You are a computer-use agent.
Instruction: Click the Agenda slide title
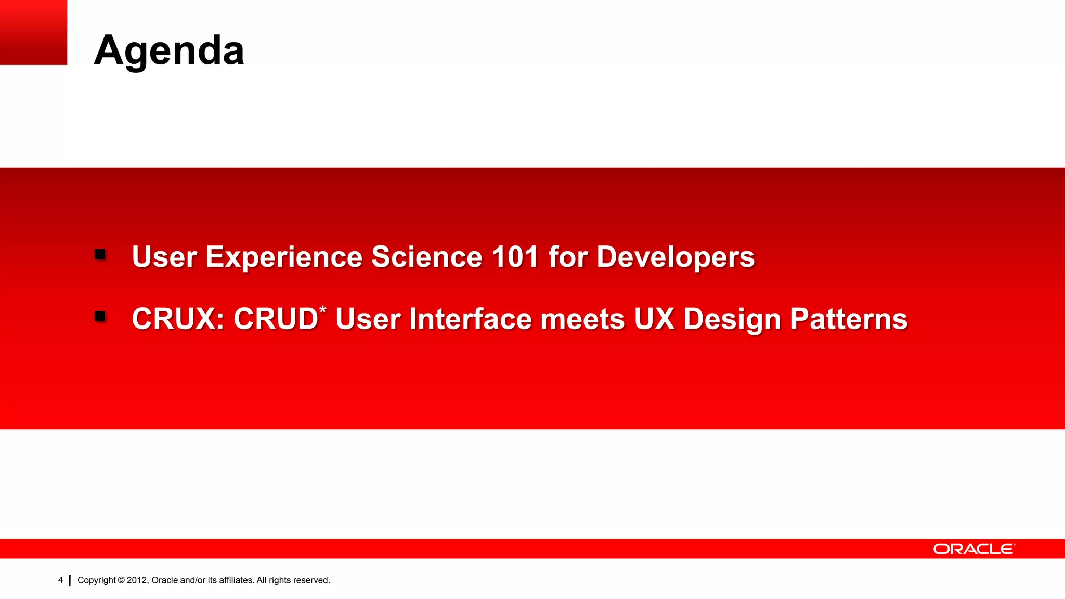tap(169, 50)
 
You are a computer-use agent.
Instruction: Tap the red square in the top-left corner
tap(33, 32)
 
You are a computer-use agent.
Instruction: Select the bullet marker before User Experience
tap(100, 254)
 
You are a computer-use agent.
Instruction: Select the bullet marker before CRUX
tap(100, 316)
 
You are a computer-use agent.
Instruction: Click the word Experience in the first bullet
tap(284, 257)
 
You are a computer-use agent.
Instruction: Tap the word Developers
tap(675, 257)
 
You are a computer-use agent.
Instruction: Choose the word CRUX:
tap(178, 319)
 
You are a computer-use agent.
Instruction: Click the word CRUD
tap(276, 319)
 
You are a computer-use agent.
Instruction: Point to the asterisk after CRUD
tap(323, 310)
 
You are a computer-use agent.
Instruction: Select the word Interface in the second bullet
tap(471, 319)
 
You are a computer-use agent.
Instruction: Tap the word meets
tap(582, 319)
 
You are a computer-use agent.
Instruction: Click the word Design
tap(732, 319)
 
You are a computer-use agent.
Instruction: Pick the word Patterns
tap(849, 319)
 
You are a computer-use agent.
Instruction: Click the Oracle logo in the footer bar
tap(973, 549)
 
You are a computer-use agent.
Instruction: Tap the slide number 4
tap(60, 580)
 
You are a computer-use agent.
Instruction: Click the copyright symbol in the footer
tap(121, 580)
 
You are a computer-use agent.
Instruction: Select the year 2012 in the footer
tap(137, 580)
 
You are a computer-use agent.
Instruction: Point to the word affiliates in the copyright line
tap(236, 580)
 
